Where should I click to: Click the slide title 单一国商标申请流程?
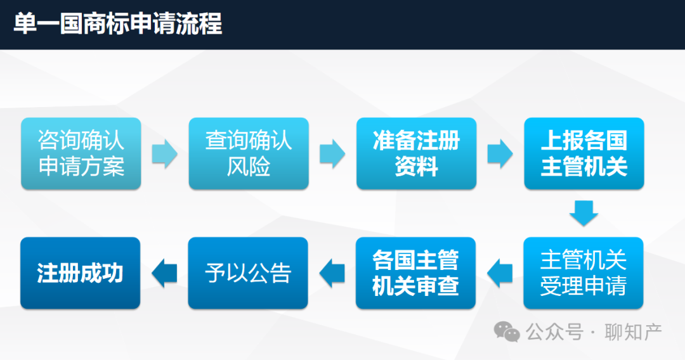118,23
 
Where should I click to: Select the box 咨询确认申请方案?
81,153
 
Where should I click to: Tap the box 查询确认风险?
249,153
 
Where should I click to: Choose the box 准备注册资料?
416,153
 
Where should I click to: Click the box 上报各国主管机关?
584,153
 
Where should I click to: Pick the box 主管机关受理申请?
584,273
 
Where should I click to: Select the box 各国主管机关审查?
415,273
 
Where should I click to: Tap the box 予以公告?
248,273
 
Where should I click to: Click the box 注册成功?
80,273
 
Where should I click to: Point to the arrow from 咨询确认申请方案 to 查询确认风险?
165,153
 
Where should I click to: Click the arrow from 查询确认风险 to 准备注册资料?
332,153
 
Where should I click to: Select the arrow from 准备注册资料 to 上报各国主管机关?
500,153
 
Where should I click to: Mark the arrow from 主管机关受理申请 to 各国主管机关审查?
500,273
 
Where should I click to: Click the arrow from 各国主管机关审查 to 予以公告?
332,273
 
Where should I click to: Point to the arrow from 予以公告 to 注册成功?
164,273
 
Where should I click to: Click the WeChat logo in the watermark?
507,332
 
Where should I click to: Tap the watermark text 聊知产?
634,332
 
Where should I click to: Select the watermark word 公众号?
554,332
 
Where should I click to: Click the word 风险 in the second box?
249,166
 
